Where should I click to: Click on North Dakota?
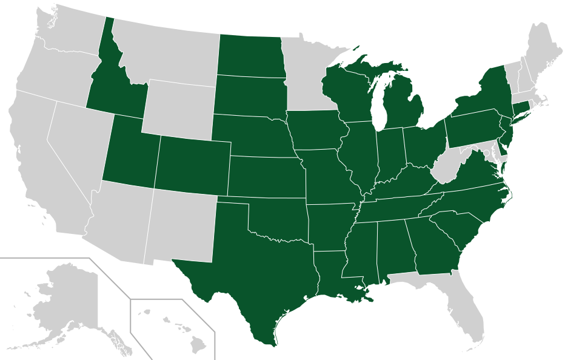pos(250,56)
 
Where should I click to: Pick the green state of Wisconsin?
pos(349,91)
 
